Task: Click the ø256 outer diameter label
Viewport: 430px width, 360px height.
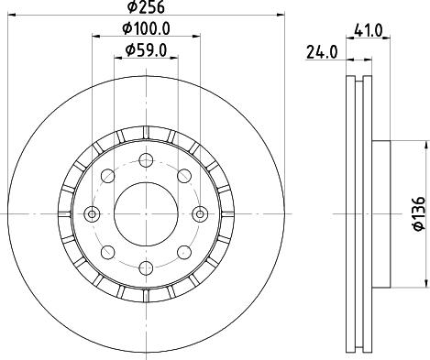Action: [x=146, y=7]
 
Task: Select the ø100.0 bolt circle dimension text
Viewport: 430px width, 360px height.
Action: [x=146, y=28]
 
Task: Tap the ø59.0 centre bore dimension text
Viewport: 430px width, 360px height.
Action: [x=146, y=50]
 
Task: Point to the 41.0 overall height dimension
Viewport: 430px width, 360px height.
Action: [x=368, y=30]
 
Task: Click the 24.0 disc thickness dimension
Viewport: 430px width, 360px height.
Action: [x=322, y=52]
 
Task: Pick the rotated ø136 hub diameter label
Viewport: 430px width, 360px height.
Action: [x=419, y=213]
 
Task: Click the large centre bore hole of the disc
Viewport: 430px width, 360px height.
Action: [x=146, y=213]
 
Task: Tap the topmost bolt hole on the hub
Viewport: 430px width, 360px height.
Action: [x=146, y=159]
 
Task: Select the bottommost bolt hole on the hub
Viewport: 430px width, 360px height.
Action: [x=146, y=267]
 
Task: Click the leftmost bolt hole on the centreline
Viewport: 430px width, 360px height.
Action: [x=92, y=213]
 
